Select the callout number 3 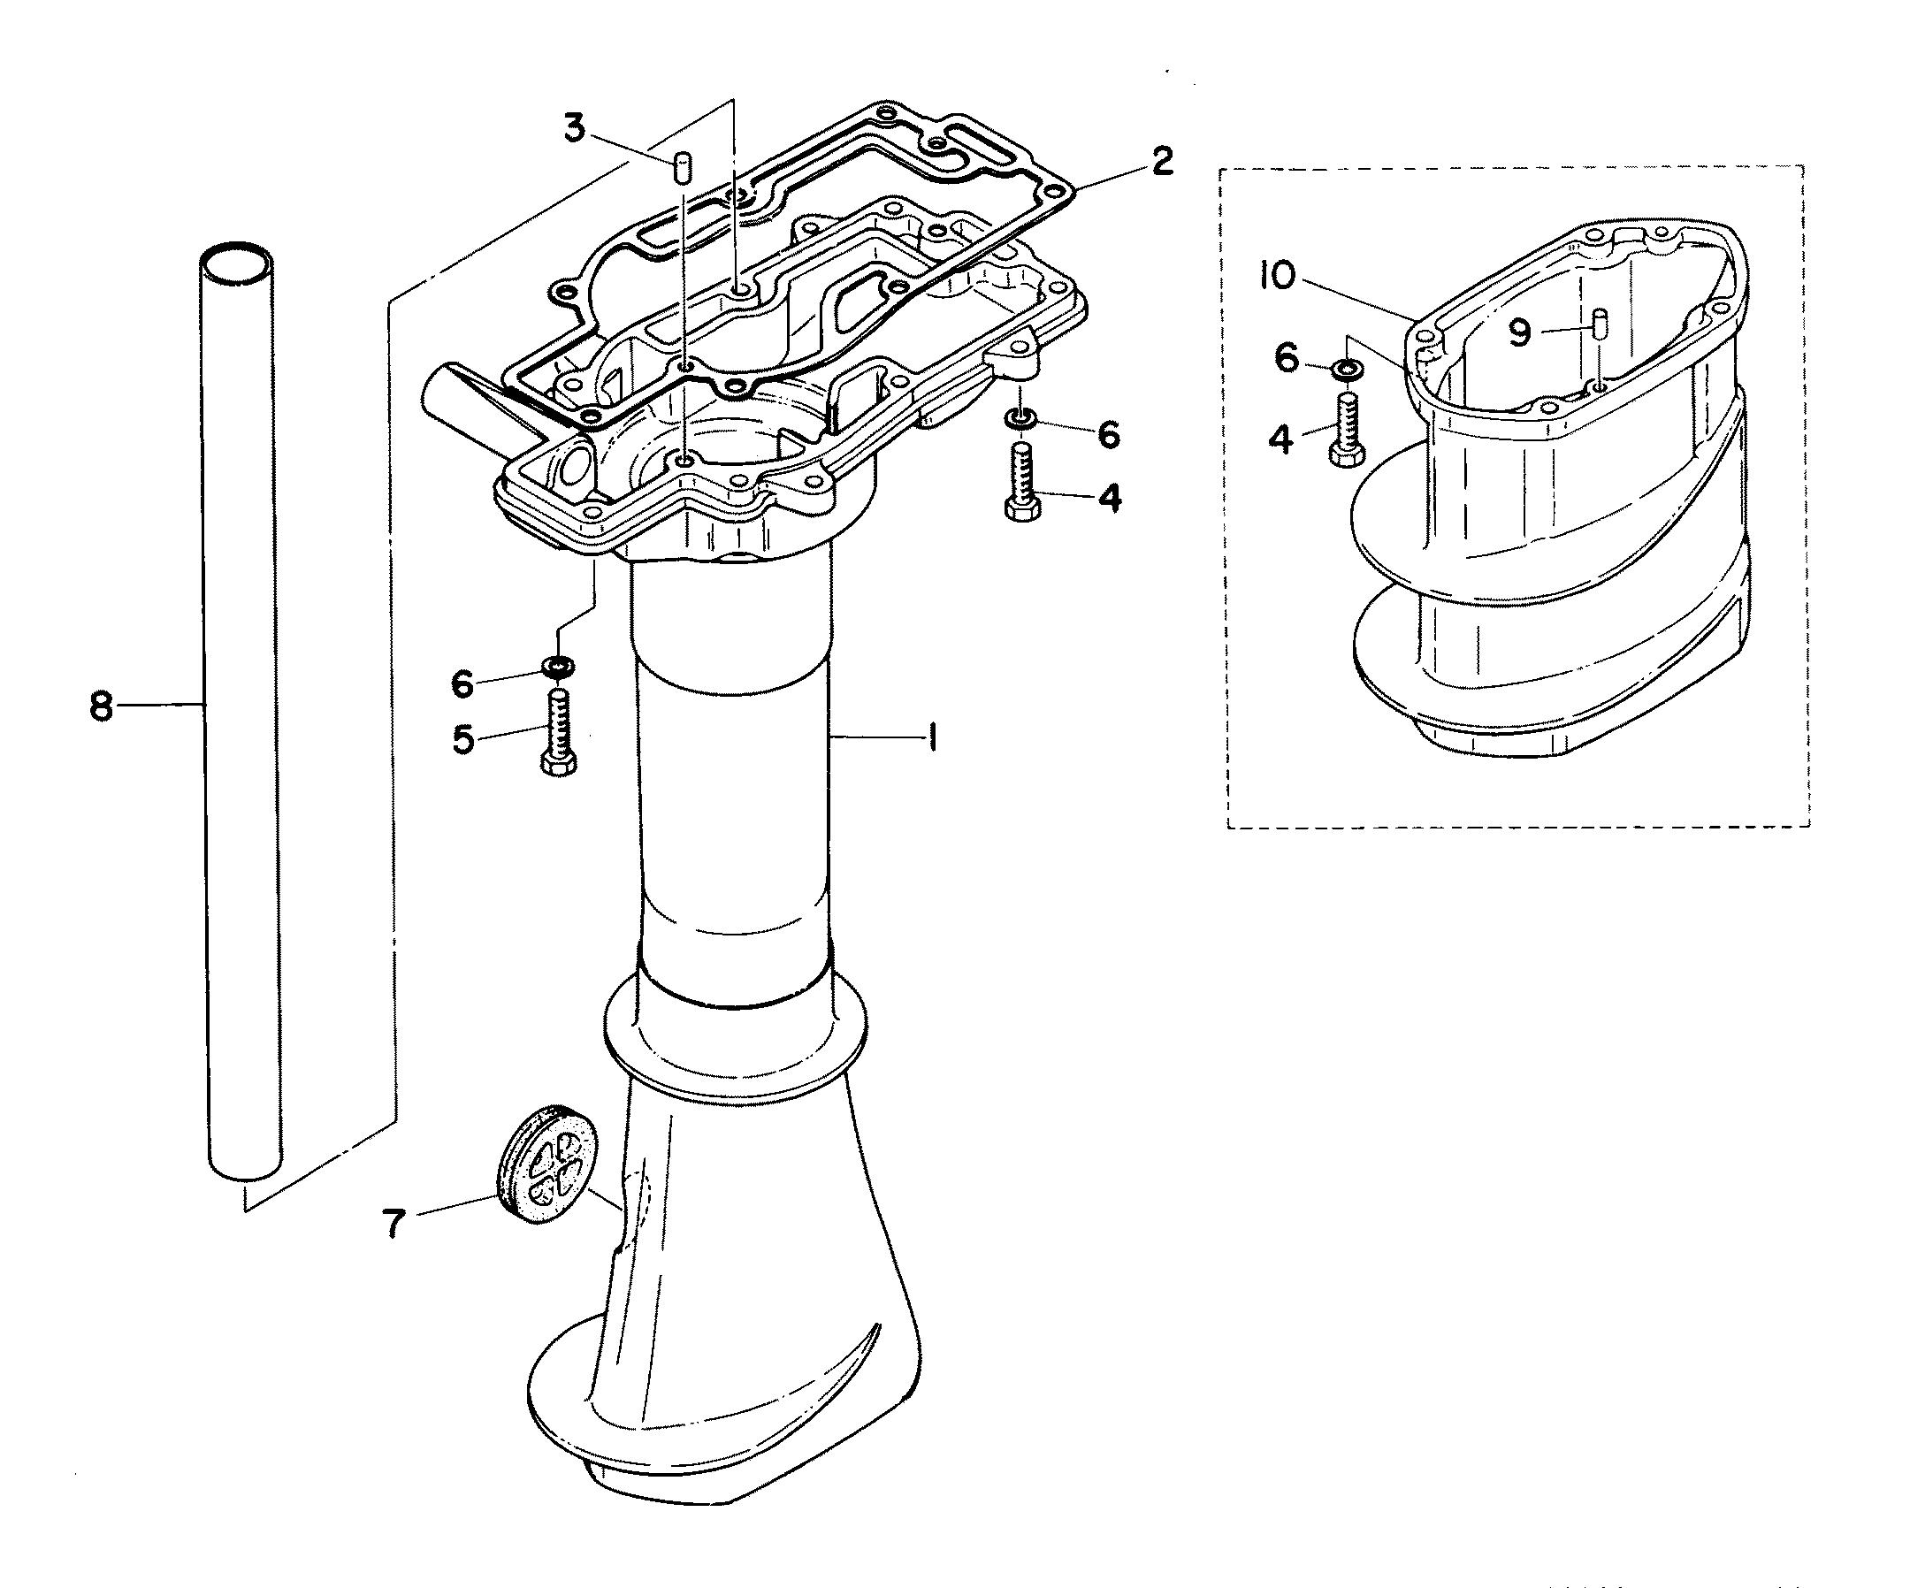click(x=574, y=128)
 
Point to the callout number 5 click(x=464, y=739)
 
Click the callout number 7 click(x=393, y=1225)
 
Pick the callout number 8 click(x=101, y=706)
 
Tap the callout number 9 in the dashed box click(x=1520, y=334)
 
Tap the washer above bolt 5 click(x=559, y=668)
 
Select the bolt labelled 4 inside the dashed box click(x=1347, y=431)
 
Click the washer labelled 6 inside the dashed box click(x=1346, y=369)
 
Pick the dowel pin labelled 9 click(x=1600, y=322)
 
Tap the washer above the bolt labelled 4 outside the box click(x=1020, y=419)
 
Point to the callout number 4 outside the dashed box click(x=1109, y=499)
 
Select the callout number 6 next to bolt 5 click(x=463, y=684)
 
